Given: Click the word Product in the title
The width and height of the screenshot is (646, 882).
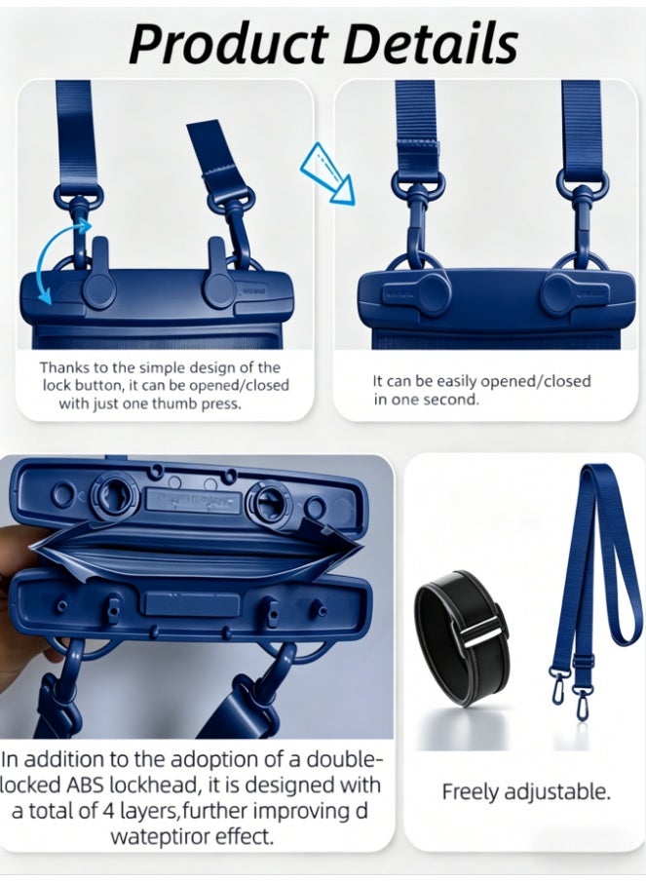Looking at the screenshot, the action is click(x=229, y=44).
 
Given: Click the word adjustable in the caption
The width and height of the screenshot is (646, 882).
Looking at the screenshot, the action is click(x=556, y=792).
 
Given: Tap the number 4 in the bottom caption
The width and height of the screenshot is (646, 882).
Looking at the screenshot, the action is click(x=109, y=811).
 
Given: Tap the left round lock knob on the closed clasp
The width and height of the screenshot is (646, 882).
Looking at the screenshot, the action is click(x=432, y=291).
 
